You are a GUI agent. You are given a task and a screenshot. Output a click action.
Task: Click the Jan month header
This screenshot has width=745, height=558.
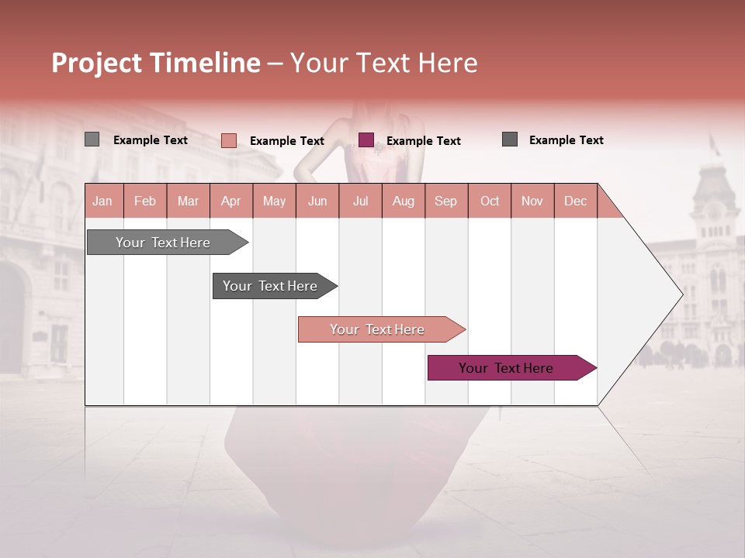click(103, 201)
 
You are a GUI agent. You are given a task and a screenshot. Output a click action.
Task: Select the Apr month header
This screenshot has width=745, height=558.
click(231, 201)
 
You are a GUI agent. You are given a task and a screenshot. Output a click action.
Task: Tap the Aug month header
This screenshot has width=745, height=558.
click(404, 201)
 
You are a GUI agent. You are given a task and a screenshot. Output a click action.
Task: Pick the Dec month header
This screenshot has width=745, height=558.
click(575, 201)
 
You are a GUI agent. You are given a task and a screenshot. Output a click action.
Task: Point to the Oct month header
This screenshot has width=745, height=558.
click(490, 201)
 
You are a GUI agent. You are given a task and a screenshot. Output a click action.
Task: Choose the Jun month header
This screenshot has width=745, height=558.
click(317, 201)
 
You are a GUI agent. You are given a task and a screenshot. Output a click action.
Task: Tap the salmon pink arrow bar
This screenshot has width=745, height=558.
click(378, 329)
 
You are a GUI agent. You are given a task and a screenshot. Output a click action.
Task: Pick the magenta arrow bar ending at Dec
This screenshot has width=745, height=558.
click(508, 368)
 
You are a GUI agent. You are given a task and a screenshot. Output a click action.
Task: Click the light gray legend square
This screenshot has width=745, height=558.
click(92, 139)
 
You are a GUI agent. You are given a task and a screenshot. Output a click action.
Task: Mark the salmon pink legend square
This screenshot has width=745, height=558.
click(229, 140)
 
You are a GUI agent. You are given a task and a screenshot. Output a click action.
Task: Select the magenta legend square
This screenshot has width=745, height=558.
click(366, 139)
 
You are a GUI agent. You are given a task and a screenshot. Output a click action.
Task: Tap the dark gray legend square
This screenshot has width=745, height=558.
click(510, 139)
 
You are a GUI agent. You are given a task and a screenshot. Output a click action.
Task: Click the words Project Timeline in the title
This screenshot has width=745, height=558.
click(155, 63)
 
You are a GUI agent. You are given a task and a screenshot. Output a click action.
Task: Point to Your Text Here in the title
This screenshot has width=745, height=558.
click(384, 63)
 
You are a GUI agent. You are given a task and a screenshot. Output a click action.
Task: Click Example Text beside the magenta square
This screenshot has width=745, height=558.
click(424, 141)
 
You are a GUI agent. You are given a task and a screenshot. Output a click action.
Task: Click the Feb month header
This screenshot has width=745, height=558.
click(145, 201)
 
